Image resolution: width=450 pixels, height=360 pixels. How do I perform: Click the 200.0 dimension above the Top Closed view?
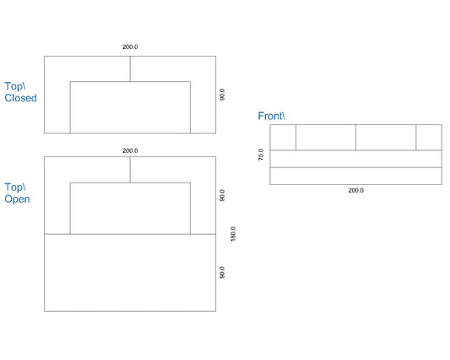coord(130,46)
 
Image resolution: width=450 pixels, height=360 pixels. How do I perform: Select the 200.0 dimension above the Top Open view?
coord(130,150)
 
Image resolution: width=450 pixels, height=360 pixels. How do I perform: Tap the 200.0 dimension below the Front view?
coord(356,190)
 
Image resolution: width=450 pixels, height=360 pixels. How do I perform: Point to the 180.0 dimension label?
coord(233,234)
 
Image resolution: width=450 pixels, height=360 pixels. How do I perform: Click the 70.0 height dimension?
coord(261,155)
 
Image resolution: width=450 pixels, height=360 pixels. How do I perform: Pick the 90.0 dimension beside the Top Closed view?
coord(222,95)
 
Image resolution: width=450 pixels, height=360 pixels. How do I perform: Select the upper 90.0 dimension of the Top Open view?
coord(222,195)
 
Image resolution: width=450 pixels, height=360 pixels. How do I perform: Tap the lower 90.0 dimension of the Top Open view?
coord(222,272)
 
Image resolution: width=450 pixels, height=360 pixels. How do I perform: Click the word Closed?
coord(20,98)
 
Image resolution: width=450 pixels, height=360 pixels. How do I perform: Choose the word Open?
coord(17,199)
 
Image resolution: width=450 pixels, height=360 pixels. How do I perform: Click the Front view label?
coord(271,116)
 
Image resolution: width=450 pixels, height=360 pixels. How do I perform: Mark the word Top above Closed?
coord(15,86)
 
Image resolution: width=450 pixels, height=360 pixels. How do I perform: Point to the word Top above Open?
coord(15,187)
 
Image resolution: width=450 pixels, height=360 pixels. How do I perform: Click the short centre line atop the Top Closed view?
coord(130,69)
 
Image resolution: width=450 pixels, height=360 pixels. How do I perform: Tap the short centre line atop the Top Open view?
coord(130,170)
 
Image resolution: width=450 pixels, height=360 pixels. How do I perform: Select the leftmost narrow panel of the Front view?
coord(283,138)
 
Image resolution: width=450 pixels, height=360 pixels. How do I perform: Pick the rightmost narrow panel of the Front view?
coord(429,138)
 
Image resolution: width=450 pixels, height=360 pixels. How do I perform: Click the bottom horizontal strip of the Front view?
coord(356,176)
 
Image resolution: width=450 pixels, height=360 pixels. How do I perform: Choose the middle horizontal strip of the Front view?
coord(356,159)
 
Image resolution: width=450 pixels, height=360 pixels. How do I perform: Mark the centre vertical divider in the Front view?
coord(356,138)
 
